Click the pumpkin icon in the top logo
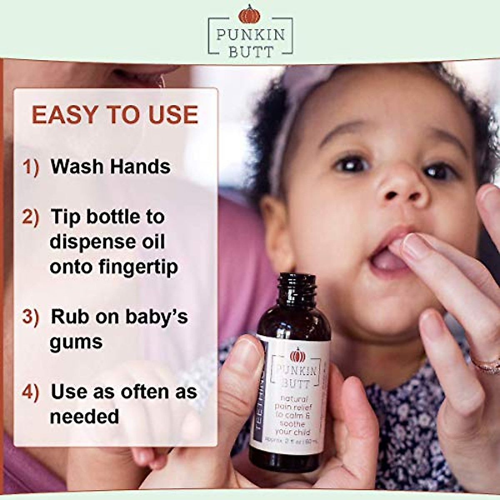tap(249, 15)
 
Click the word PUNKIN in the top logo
tap(250, 35)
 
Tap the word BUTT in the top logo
tap(250, 52)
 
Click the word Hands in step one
tap(140, 167)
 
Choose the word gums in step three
tap(76, 342)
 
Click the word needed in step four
tap(84, 417)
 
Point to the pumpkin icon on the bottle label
tap(297, 355)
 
